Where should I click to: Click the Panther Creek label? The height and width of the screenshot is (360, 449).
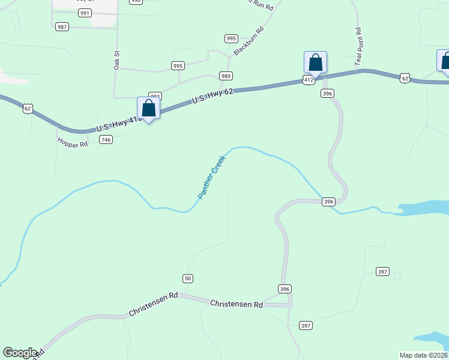(x=211, y=177)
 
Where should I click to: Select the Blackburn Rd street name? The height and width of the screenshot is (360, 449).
(x=249, y=41)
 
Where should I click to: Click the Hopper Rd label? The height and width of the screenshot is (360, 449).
(x=72, y=143)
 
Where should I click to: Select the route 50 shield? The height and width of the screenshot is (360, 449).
(x=188, y=278)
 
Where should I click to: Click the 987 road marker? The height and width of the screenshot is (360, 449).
(x=62, y=27)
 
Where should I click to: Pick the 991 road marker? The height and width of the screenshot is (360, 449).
(x=85, y=13)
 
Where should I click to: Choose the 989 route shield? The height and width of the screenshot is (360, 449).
(x=226, y=76)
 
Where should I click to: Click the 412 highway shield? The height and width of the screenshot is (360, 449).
(x=309, y=79)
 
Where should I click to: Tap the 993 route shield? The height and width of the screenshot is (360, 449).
(x=155, y=96)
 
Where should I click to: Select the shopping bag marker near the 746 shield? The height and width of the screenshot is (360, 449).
(x=149, y=109)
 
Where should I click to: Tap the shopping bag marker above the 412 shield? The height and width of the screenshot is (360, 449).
(x=315, y=62)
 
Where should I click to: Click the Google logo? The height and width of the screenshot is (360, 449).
(x=20, y=353)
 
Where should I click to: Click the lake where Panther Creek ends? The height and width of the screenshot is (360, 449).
(x=423, y=208)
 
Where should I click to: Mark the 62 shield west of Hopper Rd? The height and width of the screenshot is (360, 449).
(x=28, y=109)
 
